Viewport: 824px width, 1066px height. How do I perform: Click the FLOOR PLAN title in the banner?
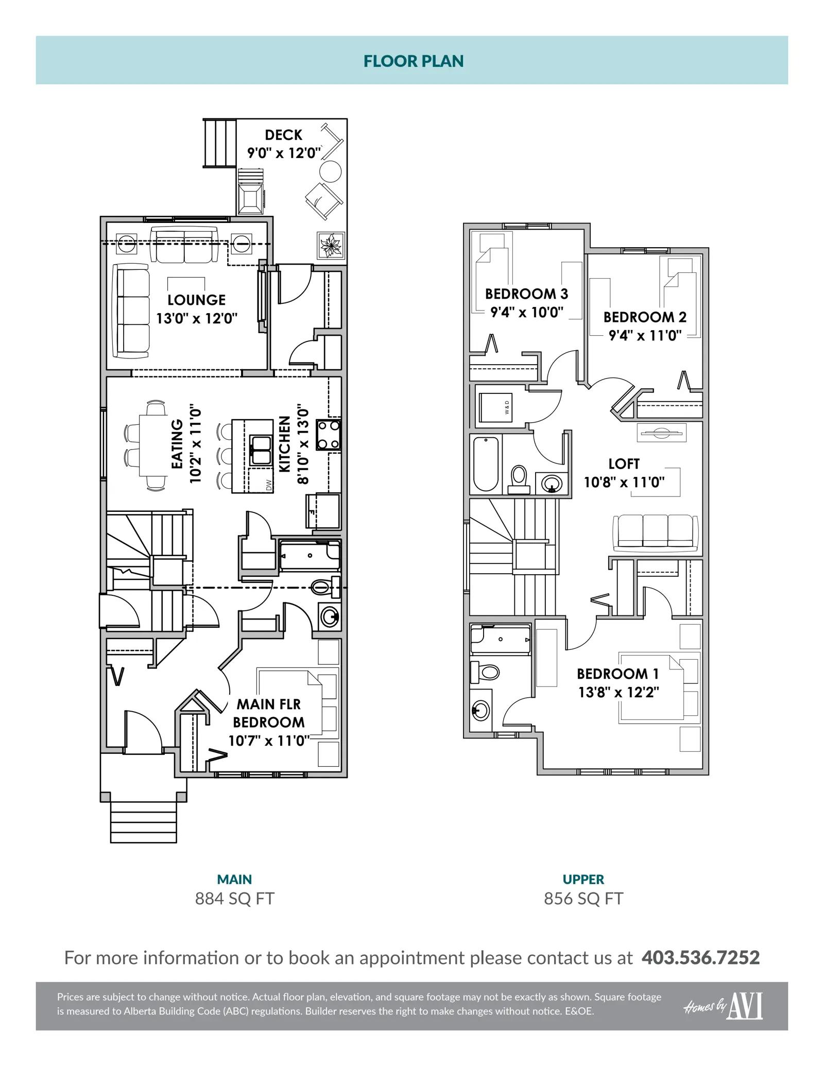(414, 61)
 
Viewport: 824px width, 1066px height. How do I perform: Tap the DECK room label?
(283, 135)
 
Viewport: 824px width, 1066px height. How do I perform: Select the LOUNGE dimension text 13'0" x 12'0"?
(197, 318)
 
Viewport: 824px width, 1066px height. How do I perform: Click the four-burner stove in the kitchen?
(328, 435)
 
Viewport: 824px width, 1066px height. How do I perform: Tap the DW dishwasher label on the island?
(268, 485)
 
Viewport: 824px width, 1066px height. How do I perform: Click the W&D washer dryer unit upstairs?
(495, 407)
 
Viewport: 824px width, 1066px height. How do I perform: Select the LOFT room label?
(624, 464)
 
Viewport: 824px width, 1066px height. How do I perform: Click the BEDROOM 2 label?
(645, 317)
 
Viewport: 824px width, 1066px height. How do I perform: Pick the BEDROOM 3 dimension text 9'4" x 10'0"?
(527, 312)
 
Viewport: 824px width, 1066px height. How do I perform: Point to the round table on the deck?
(330, 170)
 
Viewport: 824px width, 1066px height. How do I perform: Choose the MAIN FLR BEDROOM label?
(269, 713)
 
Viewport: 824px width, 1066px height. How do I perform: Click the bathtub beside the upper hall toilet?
(486, 464)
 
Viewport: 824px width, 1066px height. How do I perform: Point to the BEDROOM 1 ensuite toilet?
(485, 672)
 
